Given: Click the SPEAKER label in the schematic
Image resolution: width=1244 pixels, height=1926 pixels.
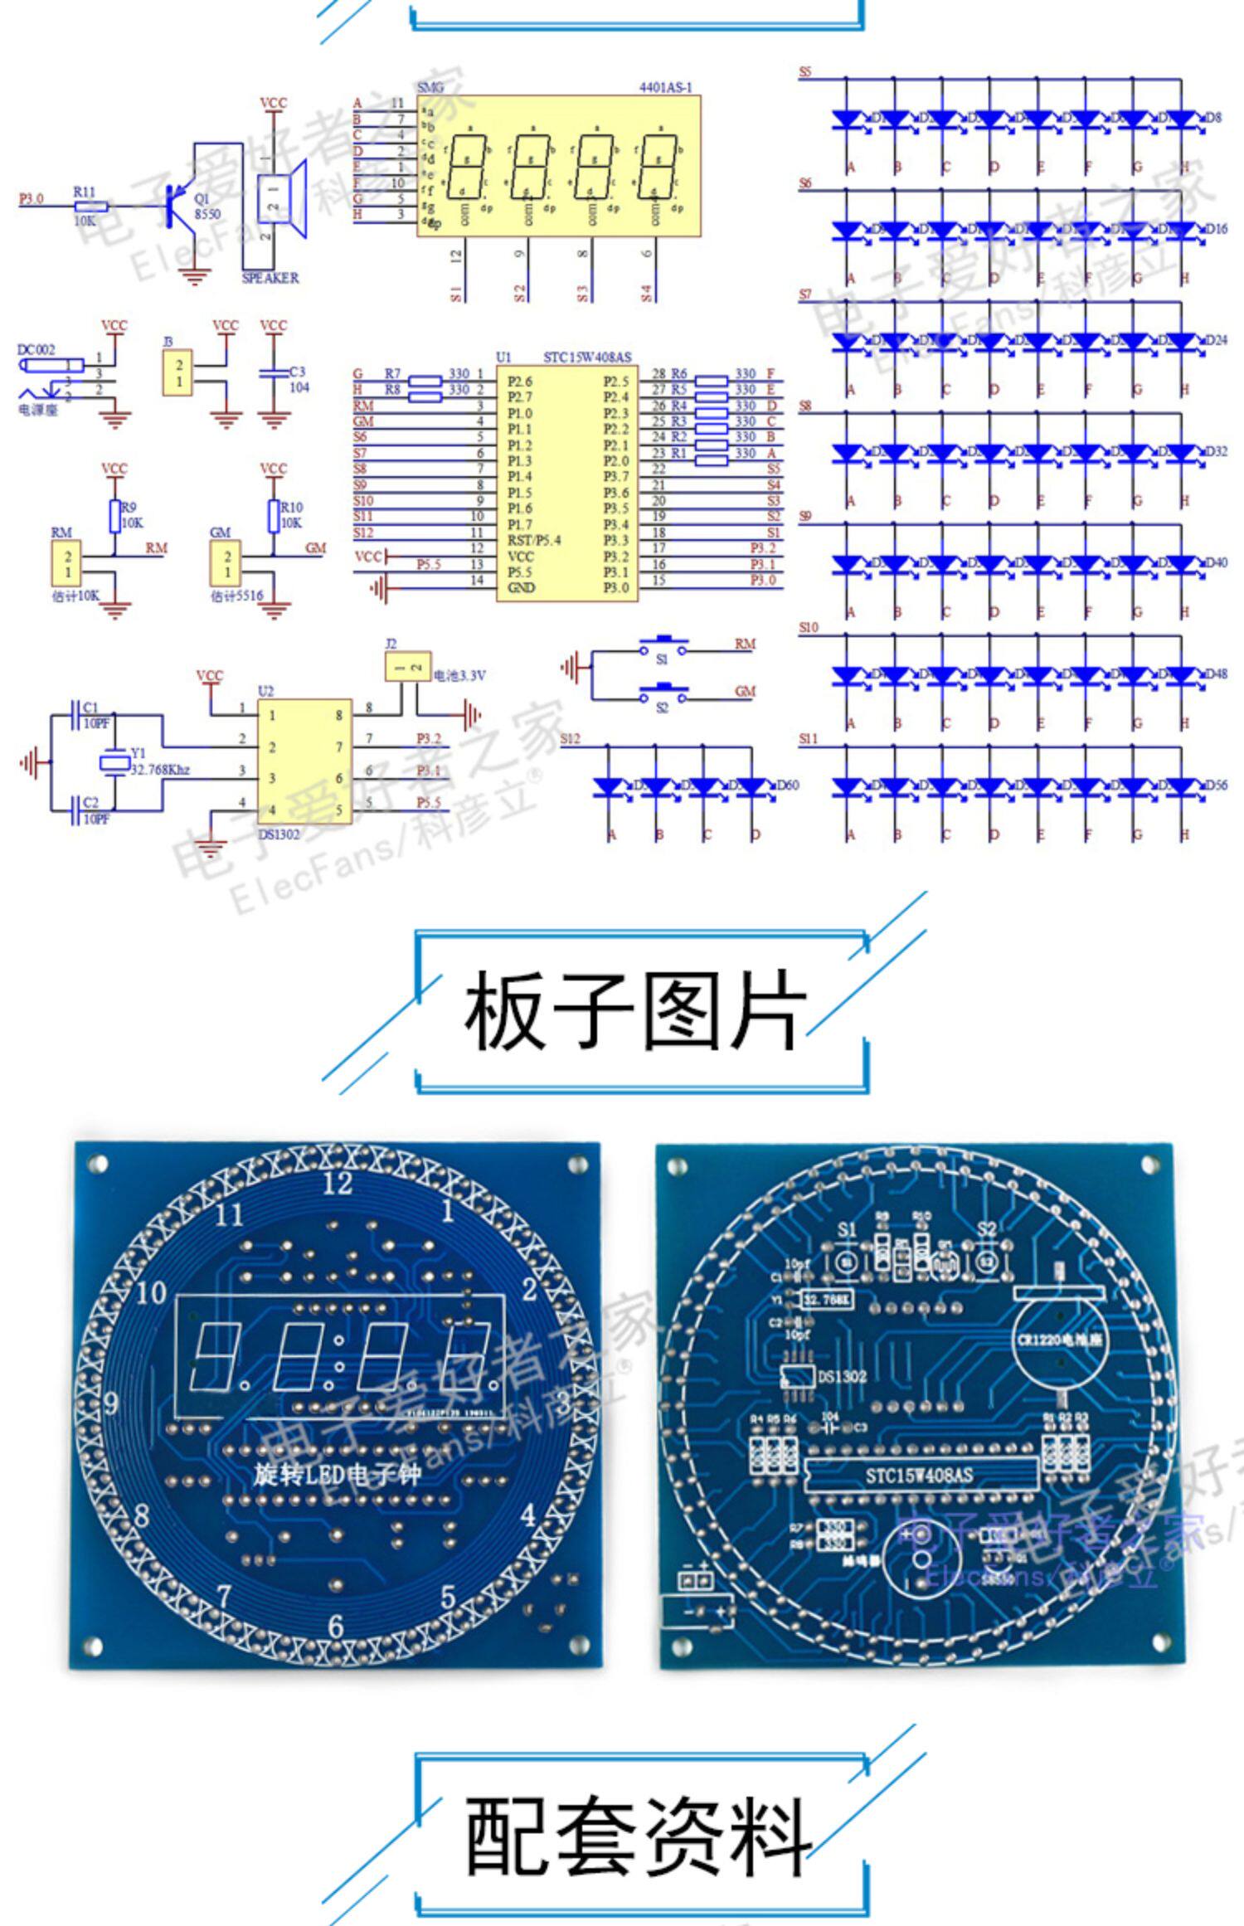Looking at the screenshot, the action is pos(270,278).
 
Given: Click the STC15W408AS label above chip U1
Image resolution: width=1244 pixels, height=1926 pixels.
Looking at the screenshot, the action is pos(587,357).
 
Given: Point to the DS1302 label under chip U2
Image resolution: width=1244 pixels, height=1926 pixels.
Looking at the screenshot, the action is pos(279,834).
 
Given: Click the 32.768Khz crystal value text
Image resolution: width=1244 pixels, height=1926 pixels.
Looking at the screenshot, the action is pos(160,770).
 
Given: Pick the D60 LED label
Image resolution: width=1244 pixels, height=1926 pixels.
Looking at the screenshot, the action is pos(787,785).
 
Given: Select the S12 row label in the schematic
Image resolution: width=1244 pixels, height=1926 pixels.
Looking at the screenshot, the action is pos(571,738).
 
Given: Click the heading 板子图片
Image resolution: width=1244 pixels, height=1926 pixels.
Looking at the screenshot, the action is pos(634,1011).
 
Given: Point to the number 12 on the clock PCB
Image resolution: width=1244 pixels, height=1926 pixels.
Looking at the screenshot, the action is pos(338,1183).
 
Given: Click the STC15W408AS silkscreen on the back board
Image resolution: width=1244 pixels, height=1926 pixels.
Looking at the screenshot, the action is pos(919,1475).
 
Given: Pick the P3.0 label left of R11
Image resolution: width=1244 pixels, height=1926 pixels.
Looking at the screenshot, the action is pos(31,199).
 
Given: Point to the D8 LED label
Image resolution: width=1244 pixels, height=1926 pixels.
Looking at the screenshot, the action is pos(1213,118).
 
